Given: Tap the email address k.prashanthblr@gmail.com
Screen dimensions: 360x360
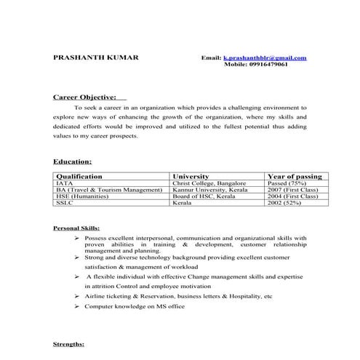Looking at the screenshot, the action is tap(265, 57).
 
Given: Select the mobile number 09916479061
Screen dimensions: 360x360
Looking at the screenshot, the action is tap(266, 64).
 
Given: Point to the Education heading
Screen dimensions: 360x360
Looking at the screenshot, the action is tap(72, 161).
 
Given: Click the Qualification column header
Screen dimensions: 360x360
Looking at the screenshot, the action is tap(79, 176).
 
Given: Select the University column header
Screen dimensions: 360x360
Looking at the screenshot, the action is tap(190, 176).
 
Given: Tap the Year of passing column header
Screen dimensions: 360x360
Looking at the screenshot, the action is tap(295, 176).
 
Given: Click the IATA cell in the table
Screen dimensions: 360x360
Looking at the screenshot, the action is tap(64, 183).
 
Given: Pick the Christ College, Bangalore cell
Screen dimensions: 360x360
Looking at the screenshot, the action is tap(209, 183).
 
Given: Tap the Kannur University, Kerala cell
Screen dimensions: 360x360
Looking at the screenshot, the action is tap(209, 190).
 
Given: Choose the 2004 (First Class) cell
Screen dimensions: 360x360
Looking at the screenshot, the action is tap(293, 196).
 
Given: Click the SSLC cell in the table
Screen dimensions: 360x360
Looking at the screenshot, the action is tap(64, 203).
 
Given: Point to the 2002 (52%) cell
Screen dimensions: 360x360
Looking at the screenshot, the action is tap(284, 203).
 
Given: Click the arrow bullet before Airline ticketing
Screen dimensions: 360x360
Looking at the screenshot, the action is tap(77, 297).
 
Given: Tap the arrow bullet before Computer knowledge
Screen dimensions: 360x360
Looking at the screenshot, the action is tap(77, 307).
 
